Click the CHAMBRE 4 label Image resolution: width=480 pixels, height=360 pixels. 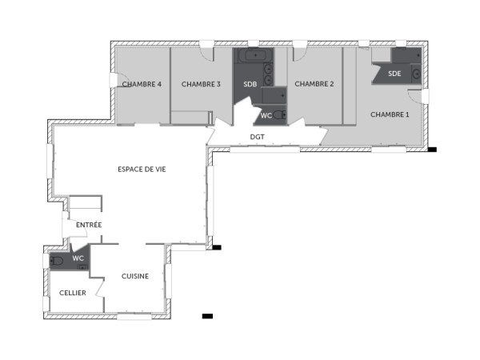pos(142,84)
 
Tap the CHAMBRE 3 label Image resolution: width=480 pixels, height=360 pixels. pos(201,84)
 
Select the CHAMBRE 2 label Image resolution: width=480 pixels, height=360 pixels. pos(314,84)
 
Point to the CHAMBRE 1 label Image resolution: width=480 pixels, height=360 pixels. pos(390,114)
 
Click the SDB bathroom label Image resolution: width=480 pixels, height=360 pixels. pos(250,84)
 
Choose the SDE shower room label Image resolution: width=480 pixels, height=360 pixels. pos(394,74)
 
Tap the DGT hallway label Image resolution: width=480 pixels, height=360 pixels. pos(257,137)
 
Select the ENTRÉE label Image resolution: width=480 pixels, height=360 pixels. pos(89,225)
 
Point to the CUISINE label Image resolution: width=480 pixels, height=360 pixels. pos(134,276)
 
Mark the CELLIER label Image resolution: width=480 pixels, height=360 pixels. pos(73,293)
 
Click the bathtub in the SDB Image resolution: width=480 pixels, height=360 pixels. pos(254,56)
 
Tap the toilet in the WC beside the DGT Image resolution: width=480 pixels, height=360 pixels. pos(278,115)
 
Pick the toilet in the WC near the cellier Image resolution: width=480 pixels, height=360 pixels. pos(57,260)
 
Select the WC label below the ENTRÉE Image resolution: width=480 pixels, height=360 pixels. pos(78,258)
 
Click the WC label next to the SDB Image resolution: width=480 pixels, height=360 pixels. pos(266,116)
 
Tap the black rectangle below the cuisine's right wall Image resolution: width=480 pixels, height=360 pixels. pos(207,316)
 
